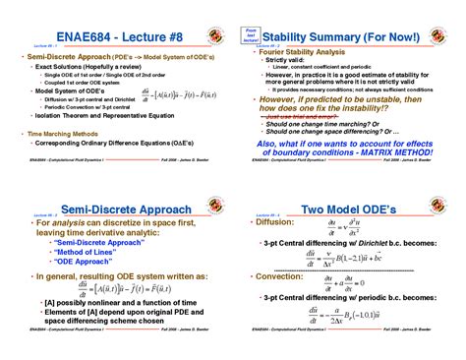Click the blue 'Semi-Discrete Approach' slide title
111,210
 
